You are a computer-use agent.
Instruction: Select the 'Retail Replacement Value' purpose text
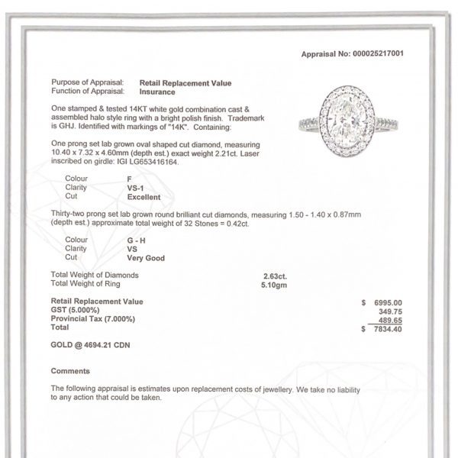coord(185,82)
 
